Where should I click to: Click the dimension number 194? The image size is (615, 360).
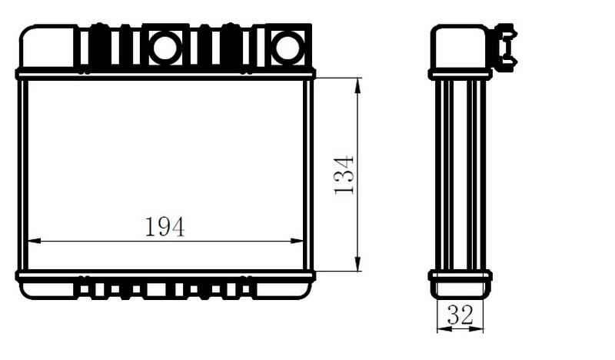tap(165, 227)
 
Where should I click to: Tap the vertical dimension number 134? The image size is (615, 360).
tap(344, 175)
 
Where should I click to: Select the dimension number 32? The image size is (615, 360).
tap(460, 315)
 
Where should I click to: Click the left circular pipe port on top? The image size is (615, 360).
tap(165, 48)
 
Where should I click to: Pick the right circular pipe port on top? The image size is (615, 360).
tap(288, 48)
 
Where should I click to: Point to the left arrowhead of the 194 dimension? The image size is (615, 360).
tap(34, 241)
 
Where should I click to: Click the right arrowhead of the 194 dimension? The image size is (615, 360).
tap(297, 241)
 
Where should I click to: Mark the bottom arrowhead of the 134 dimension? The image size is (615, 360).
tap(357, 264)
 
